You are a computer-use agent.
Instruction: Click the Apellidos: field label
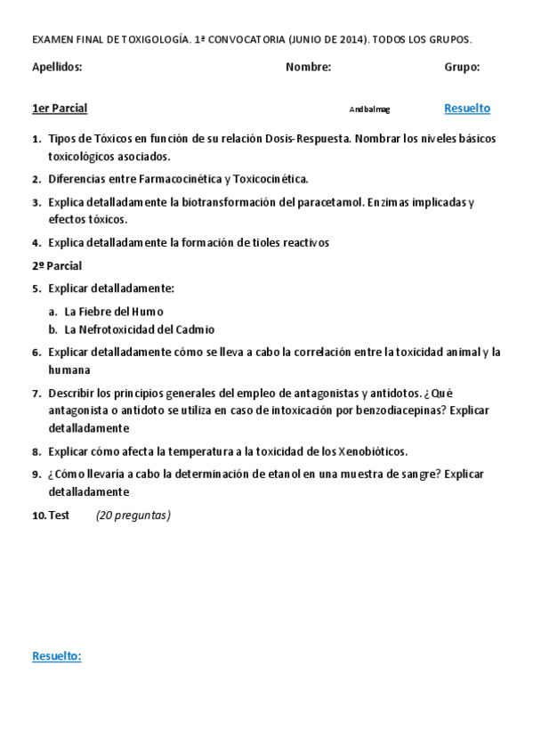click(x=57, y=67)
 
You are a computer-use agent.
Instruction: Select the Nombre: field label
click(x=308, y=67)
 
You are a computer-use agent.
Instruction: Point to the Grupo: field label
click(x=462, y=67)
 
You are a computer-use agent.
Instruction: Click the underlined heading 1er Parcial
click(x=60, y=109)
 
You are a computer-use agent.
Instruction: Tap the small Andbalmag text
click(x=369, y=110)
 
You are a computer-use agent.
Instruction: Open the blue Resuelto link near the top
click(x=467, y=109)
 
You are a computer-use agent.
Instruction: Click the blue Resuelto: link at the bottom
click(x=57, y=656)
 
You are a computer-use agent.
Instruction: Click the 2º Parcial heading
click(x=57, y=265)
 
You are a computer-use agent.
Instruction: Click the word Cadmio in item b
click(x=194, y=329)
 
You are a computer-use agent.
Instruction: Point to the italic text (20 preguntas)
click(x=133, y=515)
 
